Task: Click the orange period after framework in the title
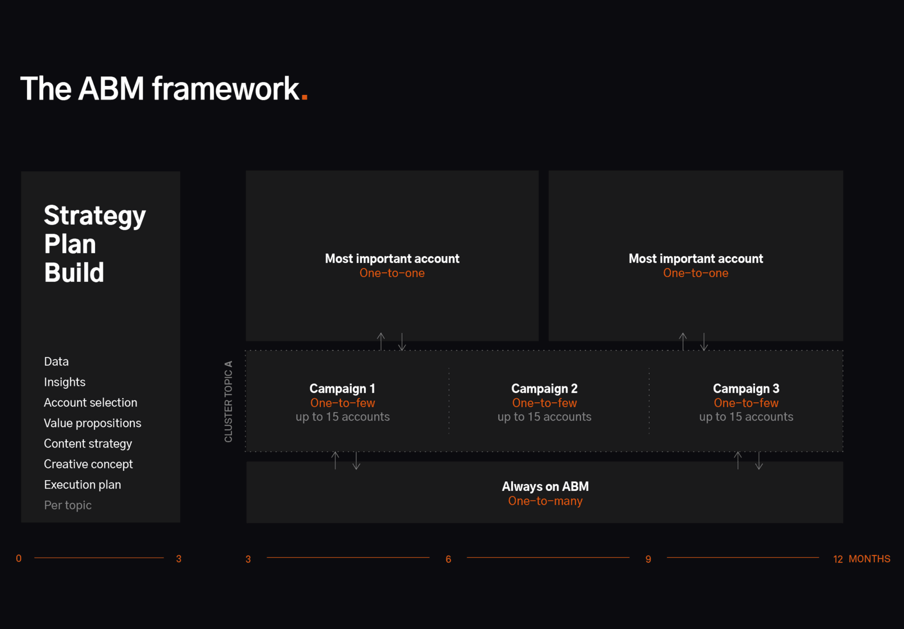pyautogui.click(x=305, y=96)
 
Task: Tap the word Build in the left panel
pyautogui.click(x=74, y=272)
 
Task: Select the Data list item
pyautogui.click(x=56, y=362)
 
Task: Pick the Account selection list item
pyautogui.click(x=90, y=403)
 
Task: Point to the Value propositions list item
pyautogui.click(x=92, y=423)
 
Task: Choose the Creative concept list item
pyautogui.click(x=88, y=464)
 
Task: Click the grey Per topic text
pyautogui.click(x=68, y=505)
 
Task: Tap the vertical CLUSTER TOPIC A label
pyautogui.click(x=229, y=402)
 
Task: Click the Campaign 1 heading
pyautogui.click(x=342, y=389)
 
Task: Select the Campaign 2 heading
pyautogui.click(x=544, y=389)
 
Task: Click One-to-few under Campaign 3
pyautogui.click(x=746, y=403)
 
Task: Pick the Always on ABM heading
pyautogui.click(x=545, y=486)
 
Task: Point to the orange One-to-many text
pyautogui.click(x=545, y=501)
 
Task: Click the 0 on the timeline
pyautogui.click(x=19, y=558)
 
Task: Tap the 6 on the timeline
pyautogui.click(x=448, y=559)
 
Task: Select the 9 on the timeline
pyautogui.click(x=648, y=559)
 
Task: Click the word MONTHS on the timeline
pyautogui.click(x=869, y=559)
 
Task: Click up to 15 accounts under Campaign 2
pyautogui.click(x=544, y=417)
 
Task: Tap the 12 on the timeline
pyautogui.click(x=838, y=559)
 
